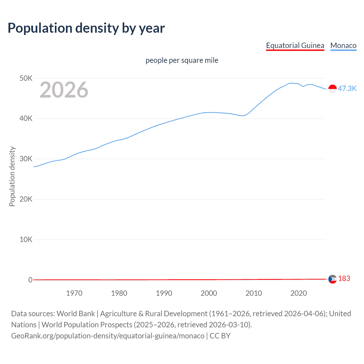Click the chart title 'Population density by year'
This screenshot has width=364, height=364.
86,28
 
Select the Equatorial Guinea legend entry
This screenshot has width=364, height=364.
295,45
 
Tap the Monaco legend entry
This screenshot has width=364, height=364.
343,45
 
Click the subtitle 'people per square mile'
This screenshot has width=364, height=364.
182,60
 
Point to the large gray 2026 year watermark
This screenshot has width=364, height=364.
64,90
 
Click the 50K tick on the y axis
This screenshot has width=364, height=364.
26,78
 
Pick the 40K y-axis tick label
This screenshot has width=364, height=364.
26,119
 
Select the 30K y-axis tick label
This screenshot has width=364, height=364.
26,159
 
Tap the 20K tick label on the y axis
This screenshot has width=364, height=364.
26,199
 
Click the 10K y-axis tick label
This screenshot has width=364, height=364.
26,240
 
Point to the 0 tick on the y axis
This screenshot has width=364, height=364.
30,280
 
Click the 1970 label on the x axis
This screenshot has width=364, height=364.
74,293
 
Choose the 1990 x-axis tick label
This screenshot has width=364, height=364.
164,293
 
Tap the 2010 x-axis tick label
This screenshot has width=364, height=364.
254,293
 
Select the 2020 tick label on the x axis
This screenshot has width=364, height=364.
299,293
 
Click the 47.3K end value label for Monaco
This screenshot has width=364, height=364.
347,88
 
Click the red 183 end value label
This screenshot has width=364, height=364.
344,279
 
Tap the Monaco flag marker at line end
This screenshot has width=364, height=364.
332,89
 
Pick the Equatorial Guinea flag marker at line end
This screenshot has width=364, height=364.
332,279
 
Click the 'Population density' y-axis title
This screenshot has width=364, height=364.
12,176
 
